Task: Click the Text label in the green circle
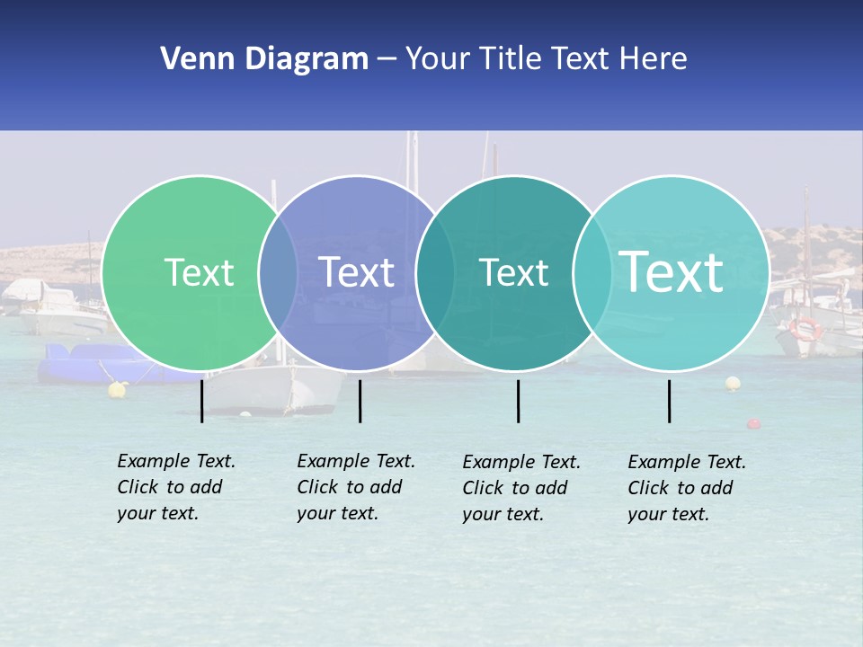(x=199, y=272)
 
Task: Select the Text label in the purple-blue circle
(x=357, y=272)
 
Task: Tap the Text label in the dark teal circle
(x=513, y=272)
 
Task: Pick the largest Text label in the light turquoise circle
(x=672, y=272)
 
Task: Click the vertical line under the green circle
(x=202, y=401)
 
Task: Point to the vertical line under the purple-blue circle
(x=360, y=401)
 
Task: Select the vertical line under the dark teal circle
(x=518, y=401)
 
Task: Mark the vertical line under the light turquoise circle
(x=669, y=401)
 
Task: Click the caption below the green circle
(x=175, y=487)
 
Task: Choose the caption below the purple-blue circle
(x=355, y=487)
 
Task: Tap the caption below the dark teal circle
(x=520, y=488)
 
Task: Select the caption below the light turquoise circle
(x=686, y=488)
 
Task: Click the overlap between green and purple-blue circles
(x=278, y=272)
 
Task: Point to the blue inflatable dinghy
(x=81, y=364)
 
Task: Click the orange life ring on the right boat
(x=805, y=328)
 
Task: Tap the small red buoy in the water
(x=753, y=423)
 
